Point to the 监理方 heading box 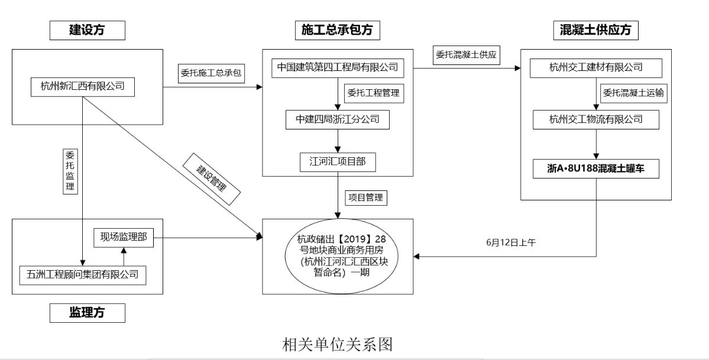(88, 313)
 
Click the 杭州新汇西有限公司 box (82, 86)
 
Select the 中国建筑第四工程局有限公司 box (337, 68)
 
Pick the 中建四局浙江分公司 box (337, 119)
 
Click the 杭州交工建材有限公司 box (596, 68)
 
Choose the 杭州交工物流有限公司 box (596, 119)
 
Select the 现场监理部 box (123, 238)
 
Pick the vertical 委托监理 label (69, 170)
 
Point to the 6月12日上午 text (510, 242)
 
